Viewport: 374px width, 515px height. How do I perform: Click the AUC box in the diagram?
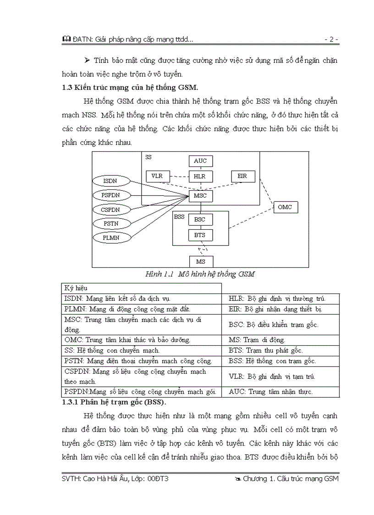click(x=200, y=161)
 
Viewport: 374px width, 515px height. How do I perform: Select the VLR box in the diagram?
click(x=157, y=176)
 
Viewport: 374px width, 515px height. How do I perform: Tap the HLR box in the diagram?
click(x=200, y=176)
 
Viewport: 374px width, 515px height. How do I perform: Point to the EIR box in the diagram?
click(x=242, y=176)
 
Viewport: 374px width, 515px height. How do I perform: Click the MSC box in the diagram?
click(x=200, y=196)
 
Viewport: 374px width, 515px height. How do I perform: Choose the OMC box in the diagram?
click(x=285, y=207)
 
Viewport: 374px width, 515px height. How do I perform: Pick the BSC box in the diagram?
click(x=200, y=219)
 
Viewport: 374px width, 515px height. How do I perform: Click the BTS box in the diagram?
click(x=200, y=235)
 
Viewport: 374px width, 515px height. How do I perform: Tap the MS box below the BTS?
click(x=201, y=262)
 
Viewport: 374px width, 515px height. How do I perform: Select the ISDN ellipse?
click(x=110, y=181)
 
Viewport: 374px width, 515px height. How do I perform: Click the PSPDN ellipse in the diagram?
click(x=110, y=195)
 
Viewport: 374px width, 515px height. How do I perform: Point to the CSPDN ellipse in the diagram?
click(x=110, y=210)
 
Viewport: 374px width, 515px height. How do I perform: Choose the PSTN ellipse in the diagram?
click(x=110, y=224)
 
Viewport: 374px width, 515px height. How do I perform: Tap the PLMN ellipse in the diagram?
click(x=110, y=238)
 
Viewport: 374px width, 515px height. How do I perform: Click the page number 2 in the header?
click(x=331, y=40)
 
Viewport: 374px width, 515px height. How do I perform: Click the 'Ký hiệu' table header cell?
click(x=142, y=288)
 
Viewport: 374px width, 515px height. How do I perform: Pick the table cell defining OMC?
click(x=142, y=340)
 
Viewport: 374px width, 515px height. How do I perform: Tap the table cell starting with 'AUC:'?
click(x=280, y=392)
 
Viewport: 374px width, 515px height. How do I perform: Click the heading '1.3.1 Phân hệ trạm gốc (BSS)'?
click(x=114, y=403)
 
